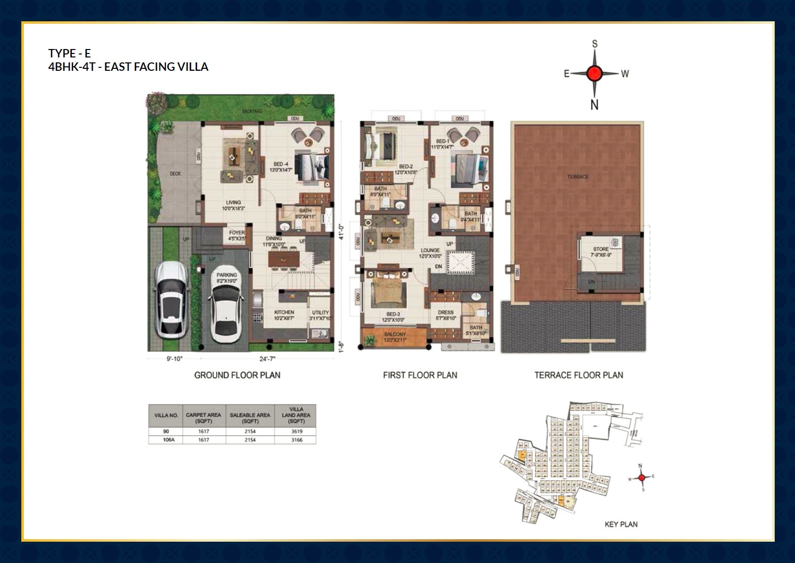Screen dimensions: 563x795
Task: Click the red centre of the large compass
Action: tap(594, 73)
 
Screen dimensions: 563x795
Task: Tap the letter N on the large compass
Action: tap(595, 105)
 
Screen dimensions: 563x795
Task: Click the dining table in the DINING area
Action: tap(284, 258)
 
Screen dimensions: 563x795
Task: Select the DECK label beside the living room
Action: tap(175, 174)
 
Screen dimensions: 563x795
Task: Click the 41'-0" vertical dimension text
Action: tap(340, 232)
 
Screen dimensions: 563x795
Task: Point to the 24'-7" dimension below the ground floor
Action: tap(267, 358)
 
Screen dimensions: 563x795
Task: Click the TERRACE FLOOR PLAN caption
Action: tap(578, 375)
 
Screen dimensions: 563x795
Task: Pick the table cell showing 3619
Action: tap(297, 431)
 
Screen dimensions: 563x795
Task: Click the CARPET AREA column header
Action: tap(203, 418)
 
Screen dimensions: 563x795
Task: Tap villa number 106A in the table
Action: tap(169, 440)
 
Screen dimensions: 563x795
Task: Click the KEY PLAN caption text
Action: tap(621, 524)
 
